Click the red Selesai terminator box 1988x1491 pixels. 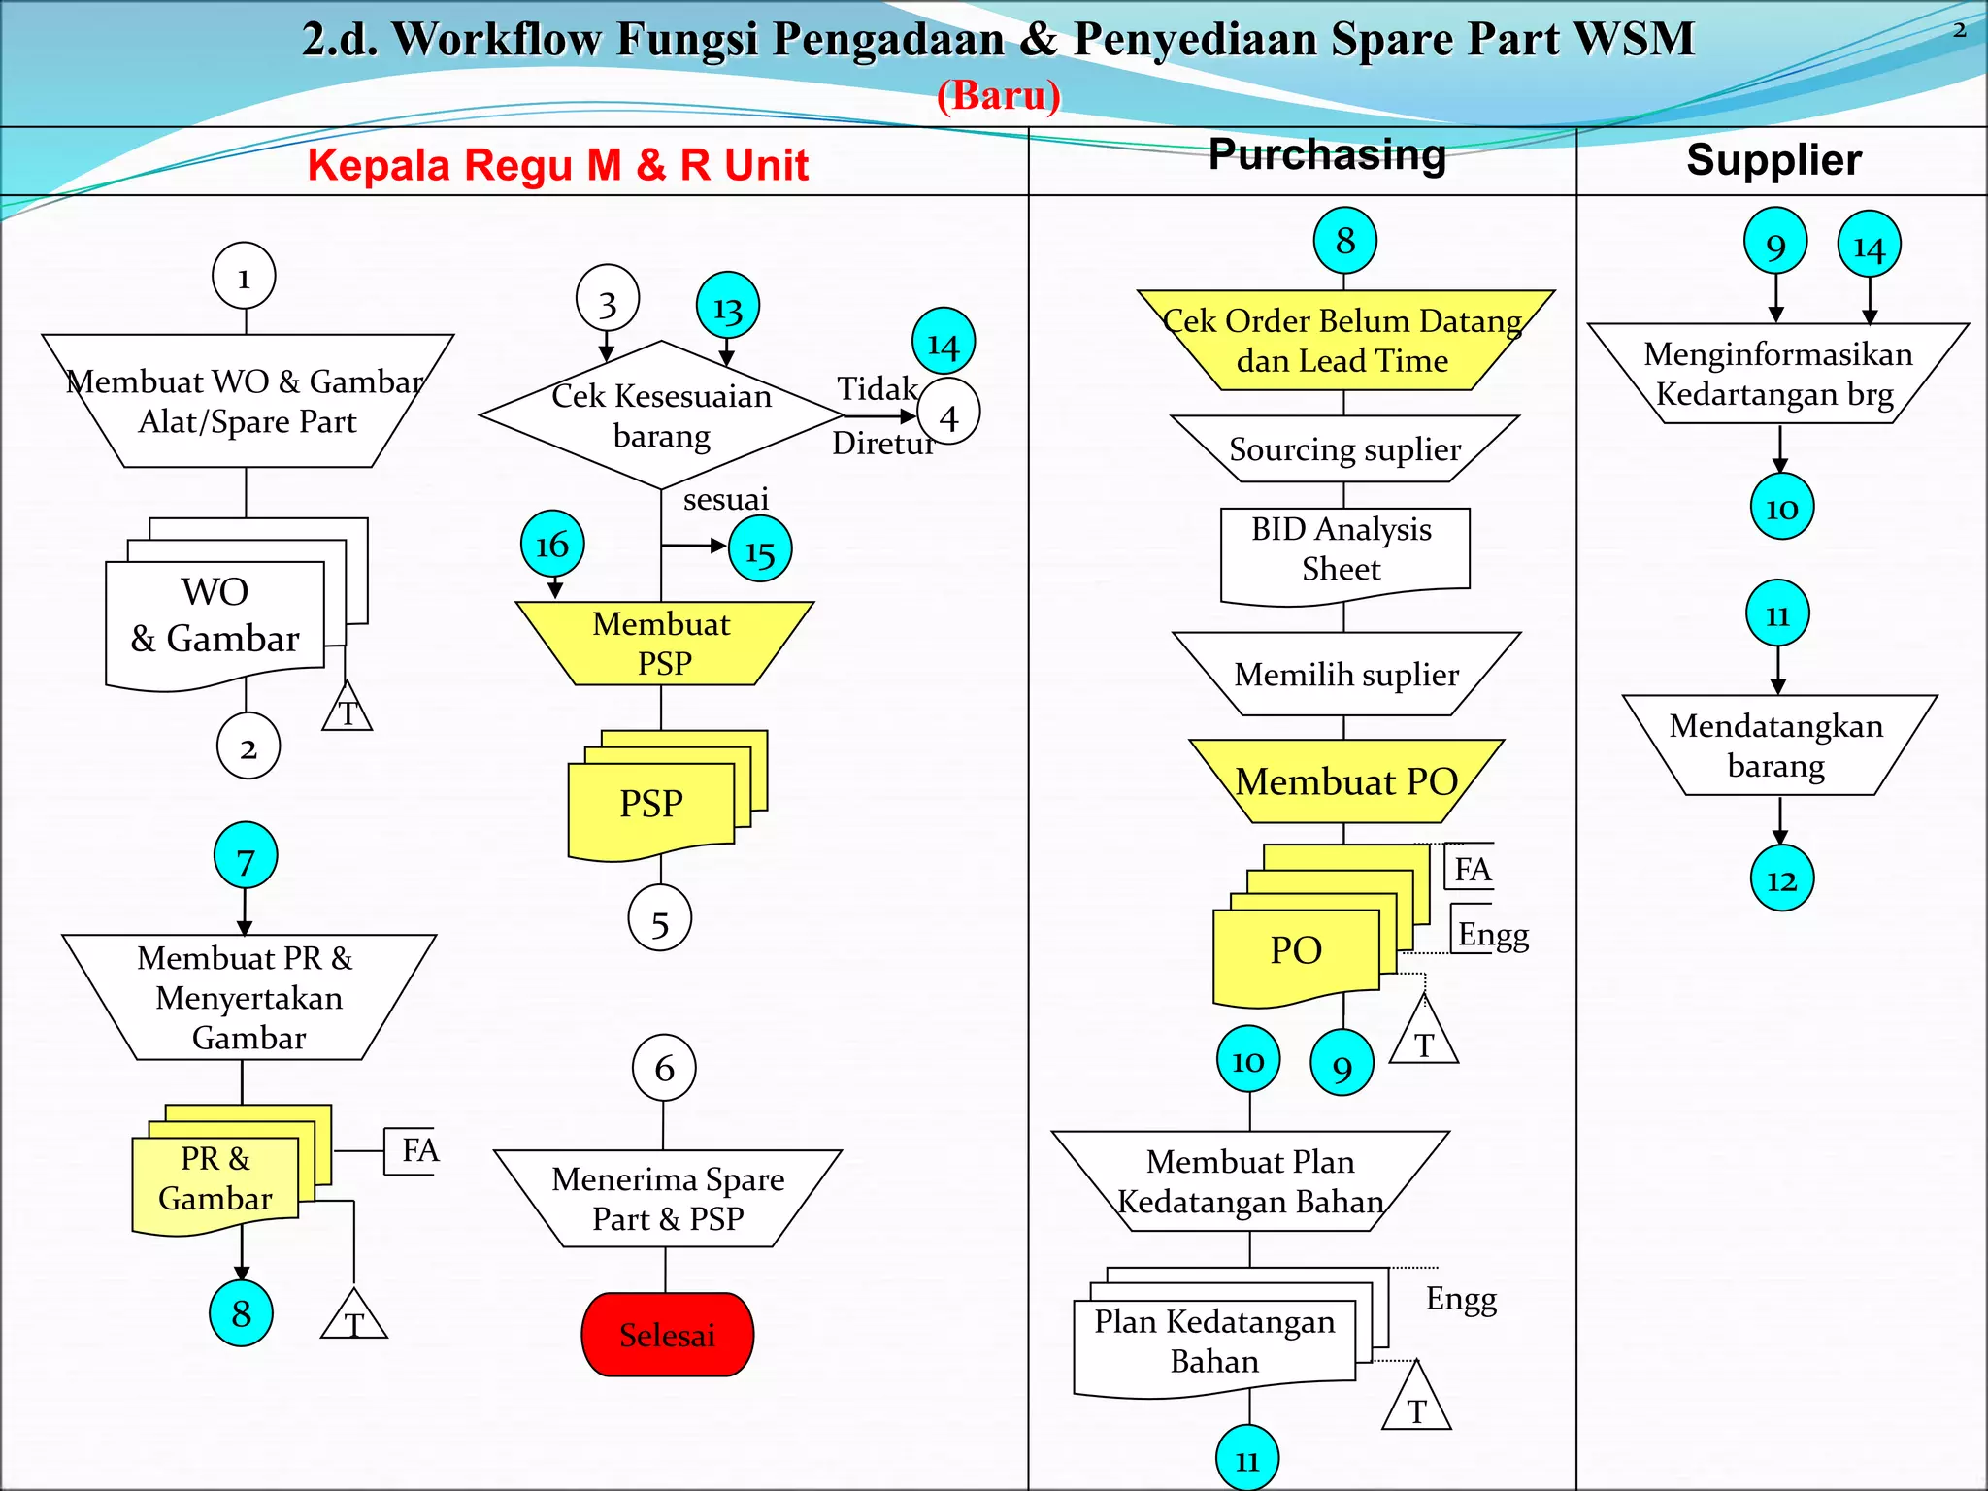tap(667, 1335)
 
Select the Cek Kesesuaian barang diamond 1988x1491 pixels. tap(661, 415)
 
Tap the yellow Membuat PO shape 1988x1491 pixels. tap(1345, 781)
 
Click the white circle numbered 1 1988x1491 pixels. tap(244, 277)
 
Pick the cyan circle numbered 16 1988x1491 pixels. tap(552, 544)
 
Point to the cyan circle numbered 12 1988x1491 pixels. tap(1781, 879)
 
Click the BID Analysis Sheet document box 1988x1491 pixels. tap(1343, 551)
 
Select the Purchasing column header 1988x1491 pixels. tap(1326, 155)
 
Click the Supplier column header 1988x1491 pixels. tap(1773, 160)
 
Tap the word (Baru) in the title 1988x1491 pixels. tap(998, 95)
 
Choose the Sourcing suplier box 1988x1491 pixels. tap(1344, 449)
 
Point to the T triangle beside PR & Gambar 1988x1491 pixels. tap(354, 1317)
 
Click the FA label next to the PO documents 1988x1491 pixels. tap(1472, 869)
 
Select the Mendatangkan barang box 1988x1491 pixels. tap(1776, 745)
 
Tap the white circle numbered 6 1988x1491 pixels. tap(664, 1068)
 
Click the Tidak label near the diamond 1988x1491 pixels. tap(878, 389)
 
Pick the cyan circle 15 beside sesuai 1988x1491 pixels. tap(759, 550)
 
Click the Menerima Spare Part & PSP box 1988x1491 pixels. tap(668, 1199)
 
